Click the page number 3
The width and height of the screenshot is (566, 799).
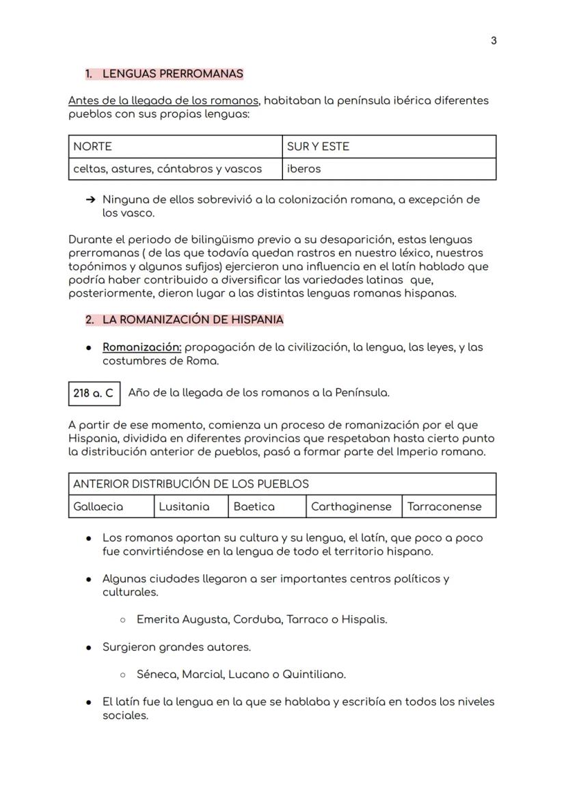[494, 41]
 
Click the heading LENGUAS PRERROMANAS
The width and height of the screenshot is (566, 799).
[172, 73]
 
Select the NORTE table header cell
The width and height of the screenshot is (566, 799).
[175, 146]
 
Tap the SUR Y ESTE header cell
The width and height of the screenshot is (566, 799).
[389, 146]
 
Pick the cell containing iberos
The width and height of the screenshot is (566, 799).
[389, 169]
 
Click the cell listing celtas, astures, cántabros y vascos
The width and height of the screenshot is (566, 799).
[175, 169]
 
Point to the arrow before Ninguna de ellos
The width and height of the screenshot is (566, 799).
[90, 200]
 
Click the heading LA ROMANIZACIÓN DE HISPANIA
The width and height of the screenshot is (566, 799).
[193, 319]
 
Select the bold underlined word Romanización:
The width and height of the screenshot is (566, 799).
[141, 347]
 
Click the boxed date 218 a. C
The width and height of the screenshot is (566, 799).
[94, 393]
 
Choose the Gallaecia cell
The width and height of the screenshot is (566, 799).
[111, 506]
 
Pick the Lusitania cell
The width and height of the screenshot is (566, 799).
[191, 506]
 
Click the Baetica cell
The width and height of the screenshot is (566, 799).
[267, 506]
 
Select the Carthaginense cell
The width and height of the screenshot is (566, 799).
[353, 506]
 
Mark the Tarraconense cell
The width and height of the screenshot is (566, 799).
[448, 506]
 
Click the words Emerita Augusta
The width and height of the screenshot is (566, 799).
[182, 620]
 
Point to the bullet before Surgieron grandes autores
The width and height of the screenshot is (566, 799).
[90, 647]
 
